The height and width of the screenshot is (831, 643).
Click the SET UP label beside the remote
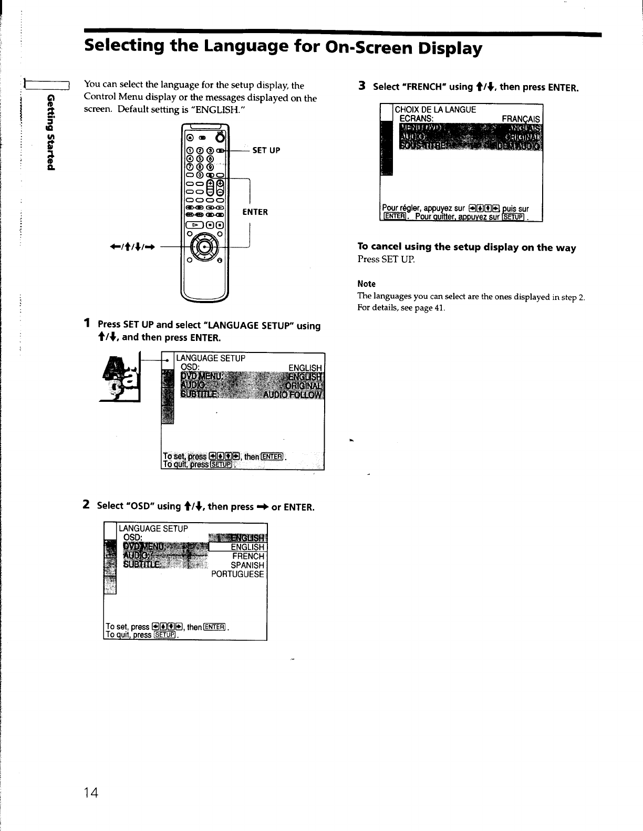[266, 150]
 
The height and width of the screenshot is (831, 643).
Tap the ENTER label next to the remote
[255, 212]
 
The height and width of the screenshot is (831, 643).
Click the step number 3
[361, 86]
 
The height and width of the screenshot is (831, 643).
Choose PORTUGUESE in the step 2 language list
[237, 575]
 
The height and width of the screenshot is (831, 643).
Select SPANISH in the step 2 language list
[247, 565]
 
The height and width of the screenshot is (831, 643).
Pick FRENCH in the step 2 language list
[248, 556]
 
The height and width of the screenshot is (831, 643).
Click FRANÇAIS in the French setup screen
[521, 119]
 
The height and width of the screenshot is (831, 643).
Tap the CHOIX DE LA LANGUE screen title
[435, 110]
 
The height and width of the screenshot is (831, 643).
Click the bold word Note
[366, 284]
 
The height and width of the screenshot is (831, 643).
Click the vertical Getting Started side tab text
[50, 132]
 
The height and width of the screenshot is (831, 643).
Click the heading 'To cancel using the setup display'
[466, 247]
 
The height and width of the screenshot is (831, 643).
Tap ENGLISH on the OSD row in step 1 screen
[305, 368]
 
